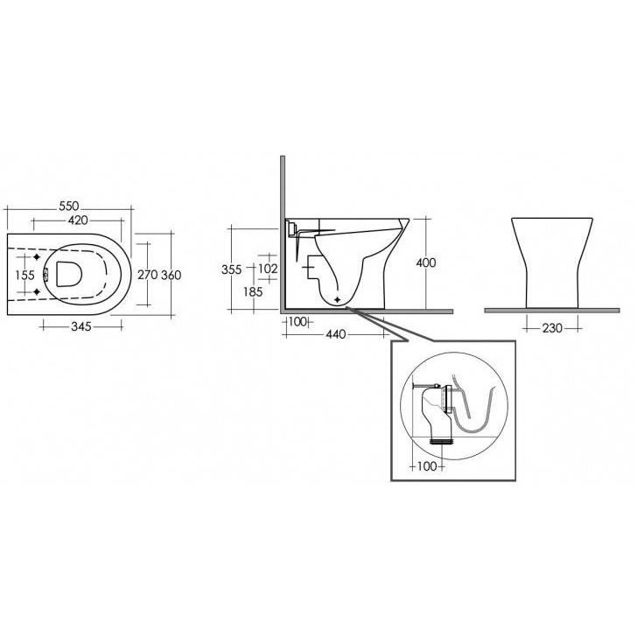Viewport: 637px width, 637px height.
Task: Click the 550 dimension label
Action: (x=68, y=206)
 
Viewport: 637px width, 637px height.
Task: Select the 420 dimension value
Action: (x=78, y=220)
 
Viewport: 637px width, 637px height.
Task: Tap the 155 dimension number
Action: (x=24, y=275)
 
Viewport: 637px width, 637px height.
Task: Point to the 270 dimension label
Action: (x=148, y=275)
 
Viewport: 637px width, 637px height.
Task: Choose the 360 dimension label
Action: (x=171, y=275)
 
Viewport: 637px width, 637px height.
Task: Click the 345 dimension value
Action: (x=81, y=326)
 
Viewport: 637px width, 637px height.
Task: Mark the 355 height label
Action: (x=232, y=269)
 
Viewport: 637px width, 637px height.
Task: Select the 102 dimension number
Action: (x=268, y=268)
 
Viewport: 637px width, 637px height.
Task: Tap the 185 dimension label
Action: (x=253, y=291)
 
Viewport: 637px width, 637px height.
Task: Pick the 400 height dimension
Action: (x=426, y=262)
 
